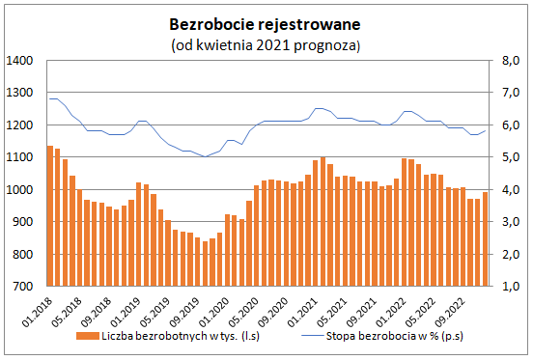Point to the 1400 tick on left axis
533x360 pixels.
(21, 61)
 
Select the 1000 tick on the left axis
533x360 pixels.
(21, 190)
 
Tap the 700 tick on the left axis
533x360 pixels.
(24, 287)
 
